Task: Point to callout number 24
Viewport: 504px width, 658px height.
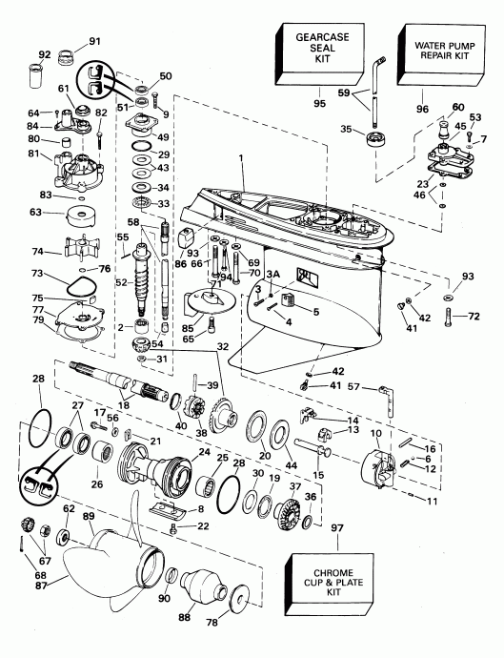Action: pyautogui.click(x=204, y=452)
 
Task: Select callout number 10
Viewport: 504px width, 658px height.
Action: pyautogui.click(x=376, y=434)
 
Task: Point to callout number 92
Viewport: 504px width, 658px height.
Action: pyautogui.click(x=45, y=53)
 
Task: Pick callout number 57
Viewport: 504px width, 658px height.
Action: pyautogui.click(x=354, y=388)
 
